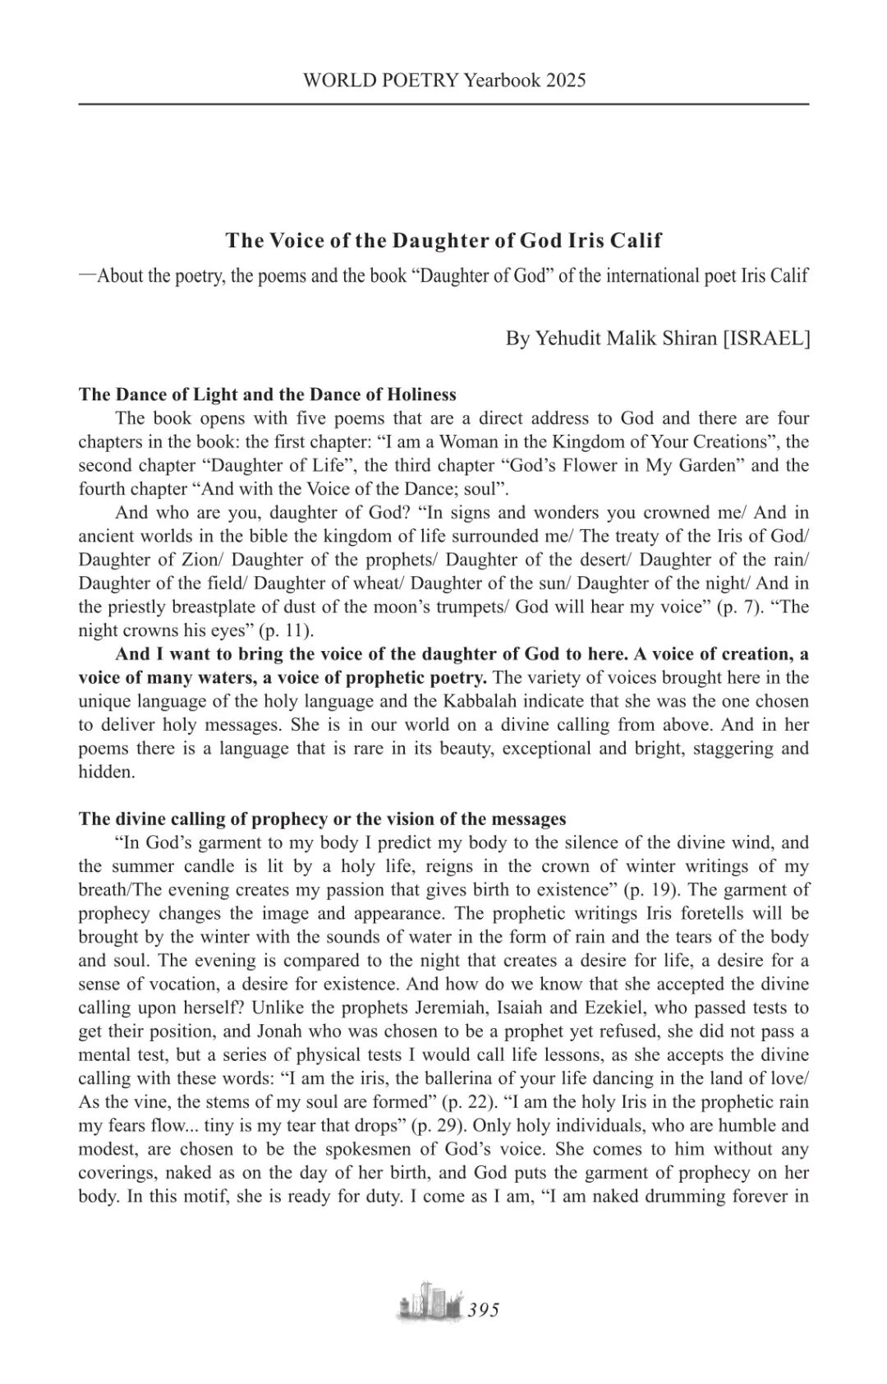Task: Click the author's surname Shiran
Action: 685,339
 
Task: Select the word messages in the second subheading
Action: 528,819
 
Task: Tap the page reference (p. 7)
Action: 747,607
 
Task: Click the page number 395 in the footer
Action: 483,1311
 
